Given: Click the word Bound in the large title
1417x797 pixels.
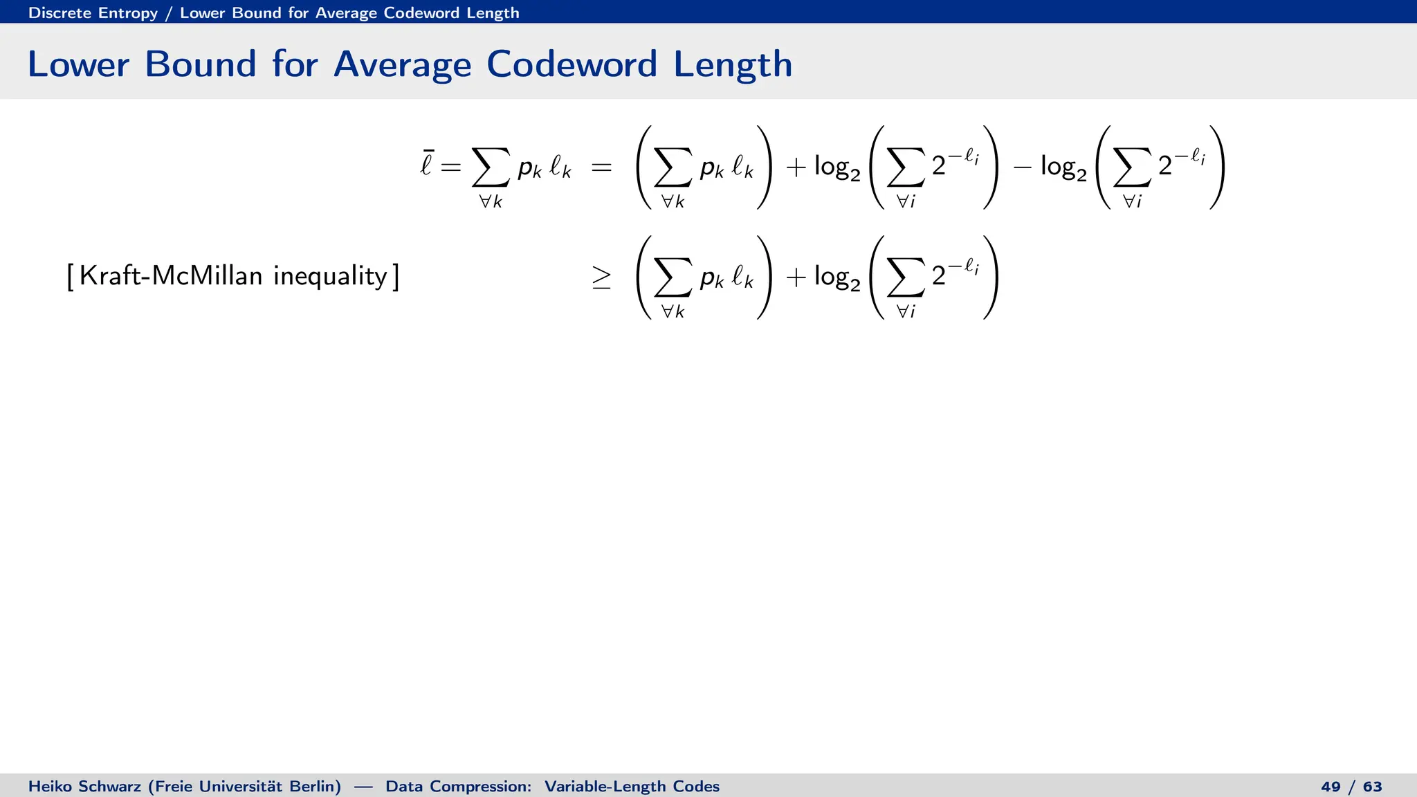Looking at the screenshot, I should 200,64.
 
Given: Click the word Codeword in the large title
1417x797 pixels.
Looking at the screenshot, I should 571,64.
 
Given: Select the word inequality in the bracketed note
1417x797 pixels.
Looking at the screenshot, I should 330,276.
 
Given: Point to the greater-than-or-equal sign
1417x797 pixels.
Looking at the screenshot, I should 601,278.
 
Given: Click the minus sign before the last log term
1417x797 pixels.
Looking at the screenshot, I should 1022,167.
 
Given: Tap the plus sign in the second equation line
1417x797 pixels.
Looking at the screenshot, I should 796,277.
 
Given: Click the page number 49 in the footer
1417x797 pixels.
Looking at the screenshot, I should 1330,787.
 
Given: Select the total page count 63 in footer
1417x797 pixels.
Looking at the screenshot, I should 1372,787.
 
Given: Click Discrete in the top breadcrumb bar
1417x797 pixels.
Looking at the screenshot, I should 60,12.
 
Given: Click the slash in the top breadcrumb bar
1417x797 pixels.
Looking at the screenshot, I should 169,12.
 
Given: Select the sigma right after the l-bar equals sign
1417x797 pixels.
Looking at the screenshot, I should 491,167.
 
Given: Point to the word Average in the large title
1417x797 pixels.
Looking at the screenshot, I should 402,64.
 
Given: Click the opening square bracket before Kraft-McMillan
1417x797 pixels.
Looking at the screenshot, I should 70,277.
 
